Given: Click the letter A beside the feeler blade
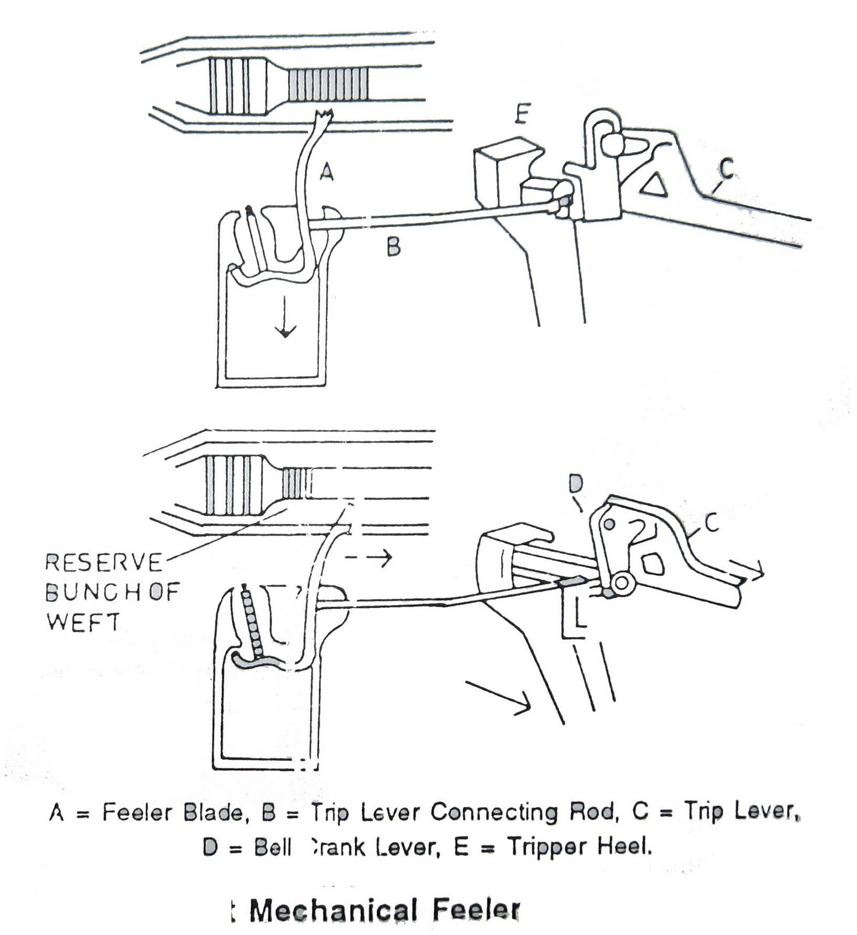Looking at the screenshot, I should [327, 172].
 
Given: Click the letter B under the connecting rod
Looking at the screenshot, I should [394, 247].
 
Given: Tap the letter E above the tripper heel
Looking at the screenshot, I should [522, 115].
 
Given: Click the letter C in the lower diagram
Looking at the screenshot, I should [711, 524].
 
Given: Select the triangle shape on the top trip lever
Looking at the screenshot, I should [653, 185].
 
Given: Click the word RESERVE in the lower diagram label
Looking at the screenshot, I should [103, 563].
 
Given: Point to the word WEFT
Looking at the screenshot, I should [82, 622].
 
